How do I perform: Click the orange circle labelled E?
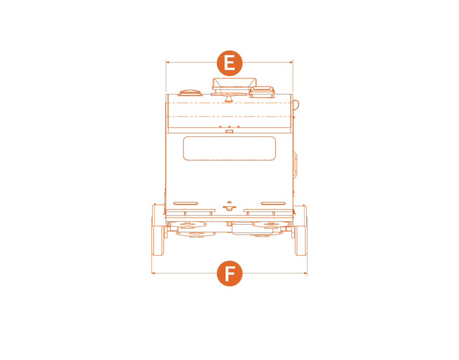point(229,63)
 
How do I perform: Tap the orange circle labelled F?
point(229,273)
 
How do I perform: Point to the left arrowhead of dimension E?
point(168,62)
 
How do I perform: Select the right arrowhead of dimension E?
point(291,62)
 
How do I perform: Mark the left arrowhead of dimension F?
point(153,273)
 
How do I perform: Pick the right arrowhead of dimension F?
point(305,273)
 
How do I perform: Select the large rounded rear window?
point(229,148)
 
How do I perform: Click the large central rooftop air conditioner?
point(234,84)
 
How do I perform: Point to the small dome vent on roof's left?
point(190,93)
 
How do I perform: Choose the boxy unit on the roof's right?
point(262,92)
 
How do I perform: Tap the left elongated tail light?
point(185,203)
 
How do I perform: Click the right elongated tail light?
point(273,203)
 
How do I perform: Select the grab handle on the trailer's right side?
point(295,164)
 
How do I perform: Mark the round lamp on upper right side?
point(296,105)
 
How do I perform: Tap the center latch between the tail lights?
point(229,206)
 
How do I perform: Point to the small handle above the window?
point(229,131)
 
